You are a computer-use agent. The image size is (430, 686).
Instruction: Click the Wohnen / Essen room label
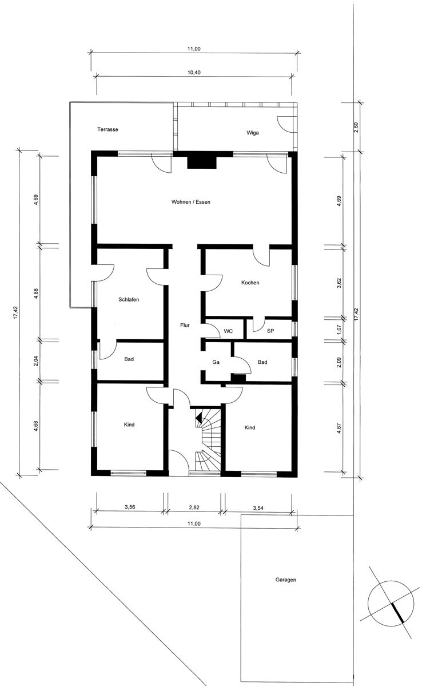(x=191, y=202)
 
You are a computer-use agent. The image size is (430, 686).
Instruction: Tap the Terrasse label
(x=107, y=129)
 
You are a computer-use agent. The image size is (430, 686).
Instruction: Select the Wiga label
(x=252, y=133)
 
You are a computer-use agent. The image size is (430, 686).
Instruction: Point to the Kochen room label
(x=250, y=283)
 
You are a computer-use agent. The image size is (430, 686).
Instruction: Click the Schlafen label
(x=129, y=300)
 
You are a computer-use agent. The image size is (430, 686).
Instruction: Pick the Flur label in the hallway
(x=185, y=326)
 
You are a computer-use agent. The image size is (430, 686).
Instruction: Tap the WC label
(x=228, y=331)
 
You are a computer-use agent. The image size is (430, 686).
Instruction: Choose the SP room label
(x=270, y=331)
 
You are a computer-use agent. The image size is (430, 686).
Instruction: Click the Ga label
(x=216, y=362)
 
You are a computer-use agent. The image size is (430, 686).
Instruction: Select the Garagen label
(x=286, y=580)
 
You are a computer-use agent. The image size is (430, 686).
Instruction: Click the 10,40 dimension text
(x=194, y=73)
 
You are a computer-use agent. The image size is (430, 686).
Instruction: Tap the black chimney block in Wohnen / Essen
(x=202, y=161)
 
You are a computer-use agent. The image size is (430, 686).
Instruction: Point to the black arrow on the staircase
(x=199, y=418)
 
